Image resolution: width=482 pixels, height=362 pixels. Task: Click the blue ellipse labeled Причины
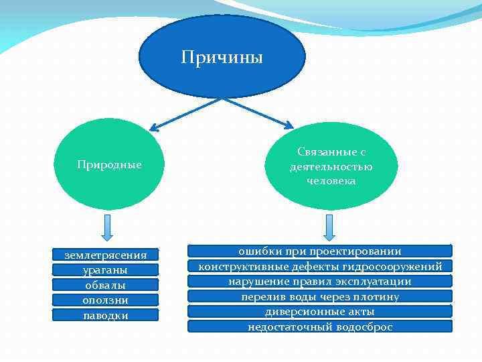coord(222,56)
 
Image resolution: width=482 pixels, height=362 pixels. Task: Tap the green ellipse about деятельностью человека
coord(331,167)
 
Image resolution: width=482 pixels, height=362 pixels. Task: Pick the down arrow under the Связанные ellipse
coord(329,227)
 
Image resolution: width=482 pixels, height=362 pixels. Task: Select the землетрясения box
coord(106,255)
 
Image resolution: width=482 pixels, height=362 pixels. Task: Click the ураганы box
coord(106,269)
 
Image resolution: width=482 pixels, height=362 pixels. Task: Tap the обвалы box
coord(106,285)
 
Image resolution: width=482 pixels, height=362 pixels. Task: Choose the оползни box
coord(106,300)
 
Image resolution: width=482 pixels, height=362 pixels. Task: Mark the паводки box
coord(106,315)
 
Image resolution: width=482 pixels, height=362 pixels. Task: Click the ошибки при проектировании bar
coord(320,251)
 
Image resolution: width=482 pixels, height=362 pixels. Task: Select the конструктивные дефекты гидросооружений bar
coord(320,266)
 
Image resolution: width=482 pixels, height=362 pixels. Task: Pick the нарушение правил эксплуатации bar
coord(320,282)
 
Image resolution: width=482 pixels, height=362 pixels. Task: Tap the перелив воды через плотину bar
coord(320,296)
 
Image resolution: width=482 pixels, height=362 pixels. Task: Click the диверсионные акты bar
coord(320,312)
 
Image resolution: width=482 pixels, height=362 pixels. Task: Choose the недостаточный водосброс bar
coord(320,327)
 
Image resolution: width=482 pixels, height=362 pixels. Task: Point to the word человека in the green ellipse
coord(331,181)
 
